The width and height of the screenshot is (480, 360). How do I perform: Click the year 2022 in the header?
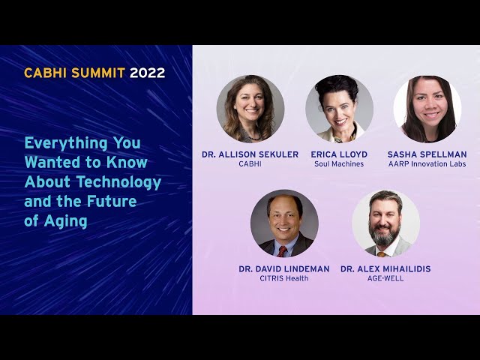[x=147, y=73]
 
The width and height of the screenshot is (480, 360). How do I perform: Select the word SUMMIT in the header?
[x=98, y=73]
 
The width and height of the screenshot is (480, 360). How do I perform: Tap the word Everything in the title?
[x=66, y=143]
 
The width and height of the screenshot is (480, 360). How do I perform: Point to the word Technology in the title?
[x=118, y=182]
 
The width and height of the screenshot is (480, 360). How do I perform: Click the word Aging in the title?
[x=65, y=221]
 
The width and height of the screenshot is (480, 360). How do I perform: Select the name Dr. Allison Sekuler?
[x=250, y=154]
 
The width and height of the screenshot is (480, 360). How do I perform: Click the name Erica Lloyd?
[x=339, y=154]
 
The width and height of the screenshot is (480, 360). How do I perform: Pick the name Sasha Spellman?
[x=427, y=154]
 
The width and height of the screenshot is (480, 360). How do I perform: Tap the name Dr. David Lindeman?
[x=284, y=269]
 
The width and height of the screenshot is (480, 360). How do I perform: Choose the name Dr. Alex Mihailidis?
[x=385, y=269]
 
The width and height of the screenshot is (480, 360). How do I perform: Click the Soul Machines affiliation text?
[x=339, y=164]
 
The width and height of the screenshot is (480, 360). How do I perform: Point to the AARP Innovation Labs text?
[x=427, y=164]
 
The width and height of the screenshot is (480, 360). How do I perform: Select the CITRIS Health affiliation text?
[x=284, y=278]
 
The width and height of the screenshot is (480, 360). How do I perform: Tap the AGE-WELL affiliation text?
[x=385, y=278]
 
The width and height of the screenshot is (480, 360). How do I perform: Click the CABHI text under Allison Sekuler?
[x=250, y=164]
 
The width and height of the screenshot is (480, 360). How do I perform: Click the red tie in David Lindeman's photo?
[x=282, y=251]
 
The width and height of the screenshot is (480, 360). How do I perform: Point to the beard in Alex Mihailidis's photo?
[x=384, y=234]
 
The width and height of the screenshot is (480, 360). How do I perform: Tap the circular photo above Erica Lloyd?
[x=339, y=109]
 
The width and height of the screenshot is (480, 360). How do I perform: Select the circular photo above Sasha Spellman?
[x=427, y=109]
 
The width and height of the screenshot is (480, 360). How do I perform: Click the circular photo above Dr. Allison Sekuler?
[x=250, y=109]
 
